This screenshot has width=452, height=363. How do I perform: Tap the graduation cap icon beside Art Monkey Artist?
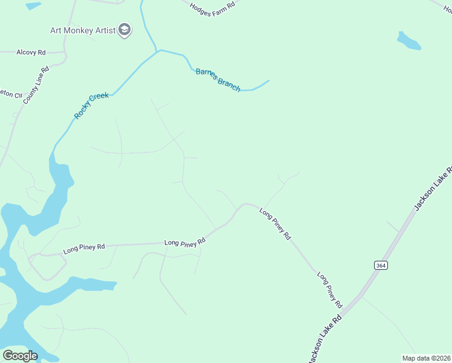tap(124, 30)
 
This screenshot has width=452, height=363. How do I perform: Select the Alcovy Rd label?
tap(31, 53)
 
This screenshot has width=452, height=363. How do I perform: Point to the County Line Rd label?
tap(36, 85)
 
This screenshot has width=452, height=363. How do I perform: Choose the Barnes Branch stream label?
tap(218, 80)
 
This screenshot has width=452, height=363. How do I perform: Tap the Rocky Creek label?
tap(91, 105)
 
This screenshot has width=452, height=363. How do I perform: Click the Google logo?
tap(20, 356)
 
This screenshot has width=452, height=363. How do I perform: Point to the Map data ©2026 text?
tap(426, 358)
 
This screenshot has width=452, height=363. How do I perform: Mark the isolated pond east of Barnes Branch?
tap(408, 41)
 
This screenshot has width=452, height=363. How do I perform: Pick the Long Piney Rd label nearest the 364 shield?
tap(330, 289)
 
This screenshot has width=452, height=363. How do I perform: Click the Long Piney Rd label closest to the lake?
tap(84, 247)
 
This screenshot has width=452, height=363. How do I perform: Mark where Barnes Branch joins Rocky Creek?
tap(158, 51)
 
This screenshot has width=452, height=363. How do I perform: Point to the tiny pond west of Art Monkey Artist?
tap(33, 6)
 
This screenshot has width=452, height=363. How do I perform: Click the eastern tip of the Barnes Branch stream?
tap(268, 80)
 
